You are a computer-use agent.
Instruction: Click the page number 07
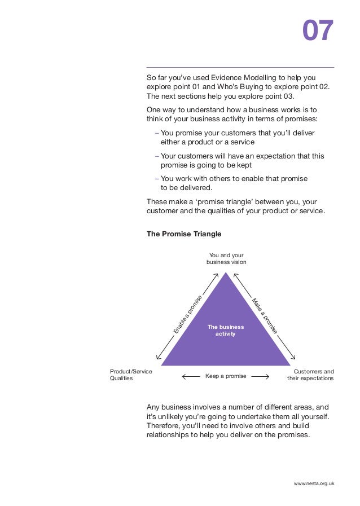(x=318, y=31)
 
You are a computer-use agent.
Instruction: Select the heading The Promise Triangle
(x=184, y=234)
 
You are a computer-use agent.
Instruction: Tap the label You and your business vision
(x=226, y=259)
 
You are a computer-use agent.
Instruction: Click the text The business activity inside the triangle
(x=226, y=331)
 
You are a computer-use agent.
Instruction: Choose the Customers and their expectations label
(x=310, y=375)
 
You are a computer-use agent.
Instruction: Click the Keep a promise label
(x=226, y=376)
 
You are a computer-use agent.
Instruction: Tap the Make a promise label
(x=265, y=315)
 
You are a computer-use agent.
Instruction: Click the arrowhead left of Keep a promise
(x=185, y=376)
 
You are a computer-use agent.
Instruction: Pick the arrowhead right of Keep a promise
(x=267, y=376)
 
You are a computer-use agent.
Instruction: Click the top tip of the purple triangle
(x=226, y=273)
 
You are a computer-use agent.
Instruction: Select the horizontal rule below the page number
(x=240, y=68)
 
